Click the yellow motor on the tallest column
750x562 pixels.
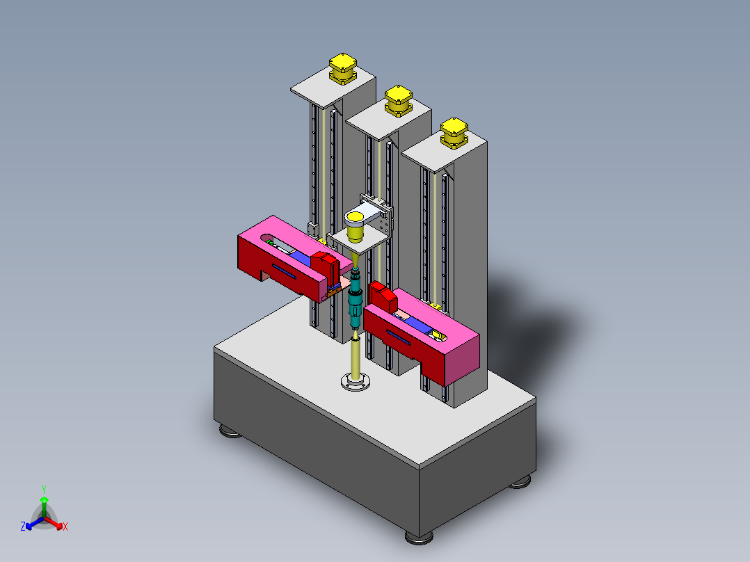342,68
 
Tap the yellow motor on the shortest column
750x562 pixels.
454,131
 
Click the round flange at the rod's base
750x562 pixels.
356,382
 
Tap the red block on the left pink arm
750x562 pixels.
325,264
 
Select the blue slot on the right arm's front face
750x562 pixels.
399,337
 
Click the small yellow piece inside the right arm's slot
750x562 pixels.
438,335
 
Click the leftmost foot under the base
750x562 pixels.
230,432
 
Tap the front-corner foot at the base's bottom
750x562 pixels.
417,538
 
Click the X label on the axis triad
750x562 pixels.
65,527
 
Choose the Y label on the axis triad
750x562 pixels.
43,489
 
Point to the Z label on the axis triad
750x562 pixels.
23,527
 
